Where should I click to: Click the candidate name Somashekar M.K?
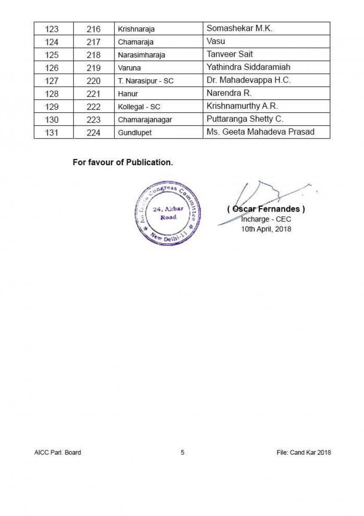click(239, 29)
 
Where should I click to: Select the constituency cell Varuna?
click(130, 68)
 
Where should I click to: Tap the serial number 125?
click(52, 55)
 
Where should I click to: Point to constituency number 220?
click(93, 81)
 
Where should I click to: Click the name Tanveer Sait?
click(230, 54)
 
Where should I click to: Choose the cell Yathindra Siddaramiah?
click(248, 67)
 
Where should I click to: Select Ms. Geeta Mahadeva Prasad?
click(260, 132)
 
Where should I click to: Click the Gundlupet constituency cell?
click(135, 133)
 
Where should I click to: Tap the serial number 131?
click(52, 133)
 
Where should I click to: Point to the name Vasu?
click(216, 42)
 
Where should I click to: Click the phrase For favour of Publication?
click(123, 163)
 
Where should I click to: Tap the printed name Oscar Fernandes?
click(266, 209)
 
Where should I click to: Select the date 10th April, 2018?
click(266, 229)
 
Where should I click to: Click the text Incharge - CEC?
click(266, 219)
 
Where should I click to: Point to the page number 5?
click(182, 452)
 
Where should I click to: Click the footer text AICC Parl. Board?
click(58, 452)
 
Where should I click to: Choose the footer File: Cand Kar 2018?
click(304, 452)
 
